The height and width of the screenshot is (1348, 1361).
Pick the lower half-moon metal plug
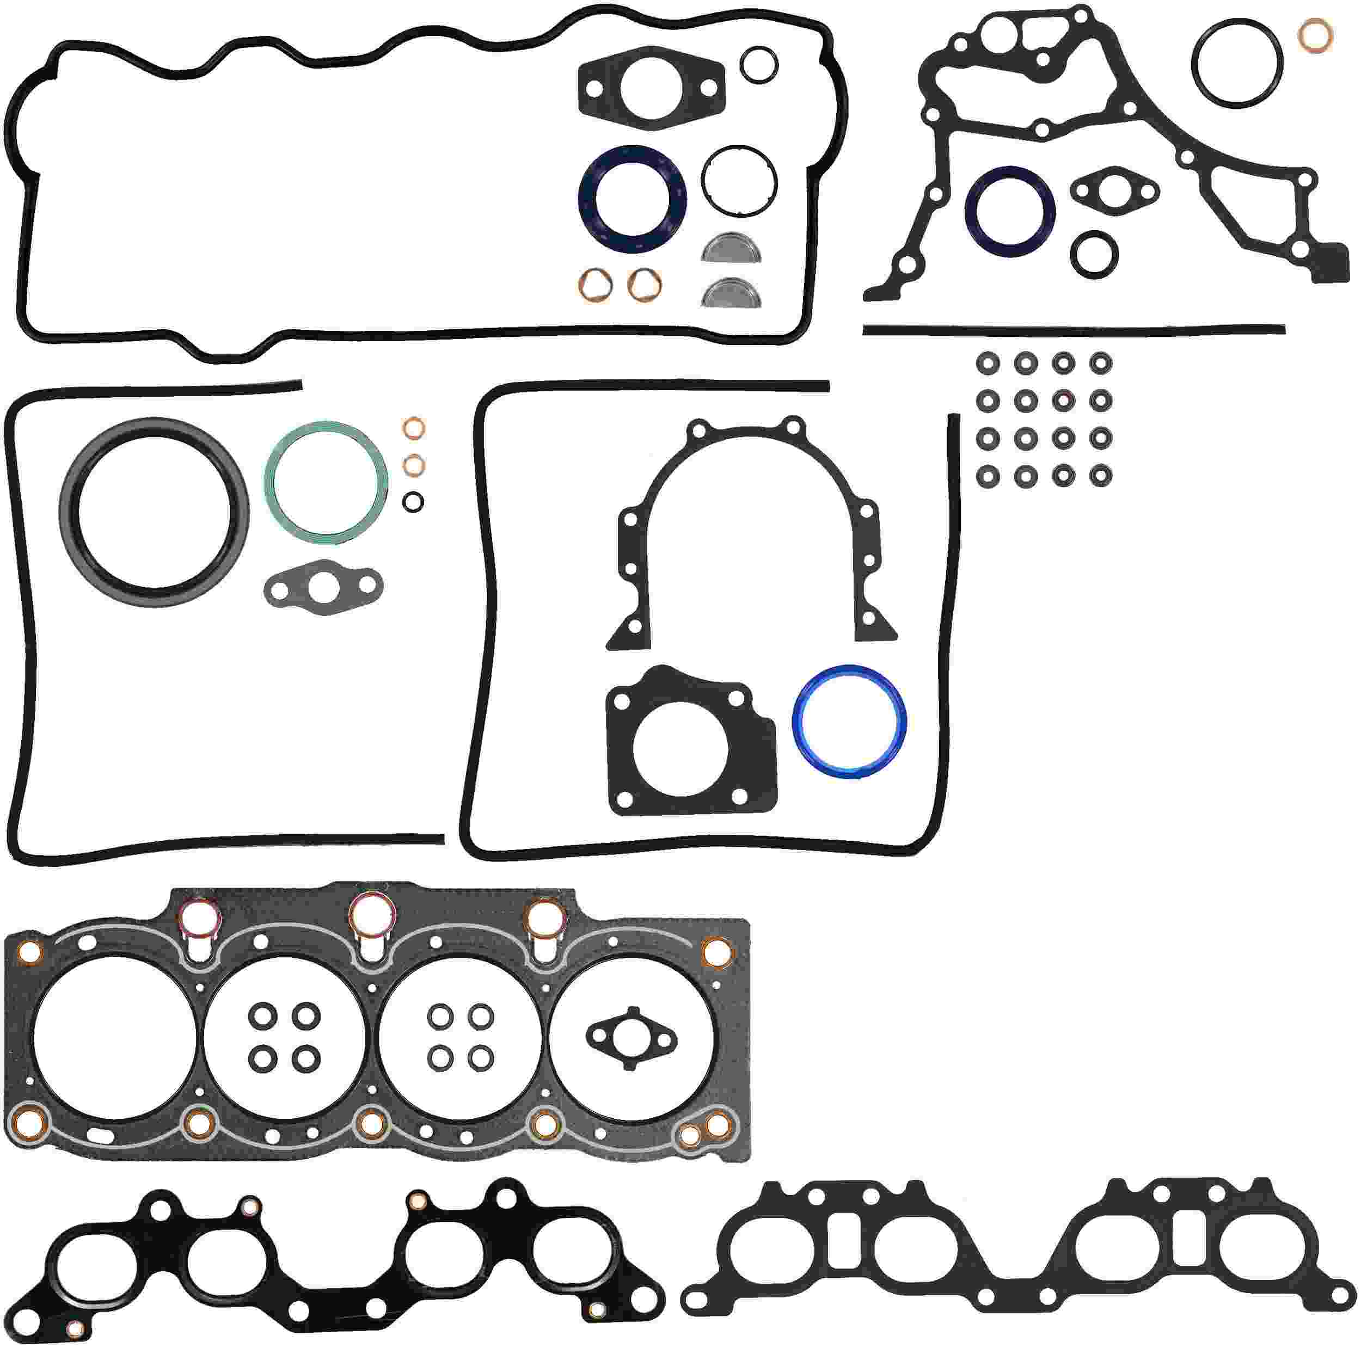click(x=731, y=294)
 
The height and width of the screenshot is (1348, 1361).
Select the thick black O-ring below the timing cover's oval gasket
click(x=1093, y=254)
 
